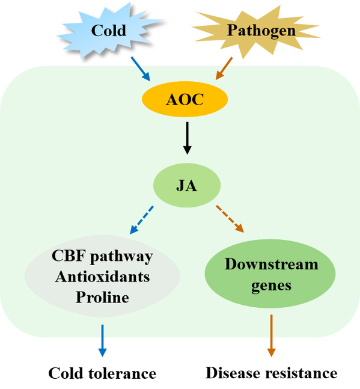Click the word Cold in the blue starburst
pos(109,31)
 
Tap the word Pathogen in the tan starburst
pos(261,31)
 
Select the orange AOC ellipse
pos(185,99)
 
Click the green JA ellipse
pos(187,185)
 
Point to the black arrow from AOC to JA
pos(187,138)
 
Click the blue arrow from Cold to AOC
pos(141,69)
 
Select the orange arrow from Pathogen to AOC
pos(224,69)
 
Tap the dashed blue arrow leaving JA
pos(142,220)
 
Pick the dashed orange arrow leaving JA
pos(230,219)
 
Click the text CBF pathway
pos(102,257)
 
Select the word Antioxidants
pos(102,277)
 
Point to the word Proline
pos(102,297)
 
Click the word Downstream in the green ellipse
pos(271,264)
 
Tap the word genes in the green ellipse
pos(271,286)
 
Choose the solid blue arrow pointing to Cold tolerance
pos(102,341)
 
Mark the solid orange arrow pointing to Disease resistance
pos(271,335)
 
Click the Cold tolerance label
pos(102,373)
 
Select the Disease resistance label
pos(271,373)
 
